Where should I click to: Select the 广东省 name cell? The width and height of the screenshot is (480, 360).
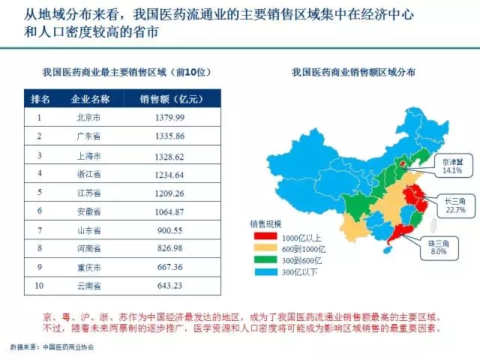(x=90, y=136)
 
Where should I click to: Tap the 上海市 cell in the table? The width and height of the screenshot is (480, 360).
(x=90, y=155)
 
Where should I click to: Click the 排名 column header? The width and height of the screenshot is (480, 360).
(x=40, y=99)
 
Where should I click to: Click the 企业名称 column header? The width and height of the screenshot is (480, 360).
(x=90, y=99)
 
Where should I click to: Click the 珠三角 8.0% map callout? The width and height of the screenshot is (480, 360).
(x=438, y=247)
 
